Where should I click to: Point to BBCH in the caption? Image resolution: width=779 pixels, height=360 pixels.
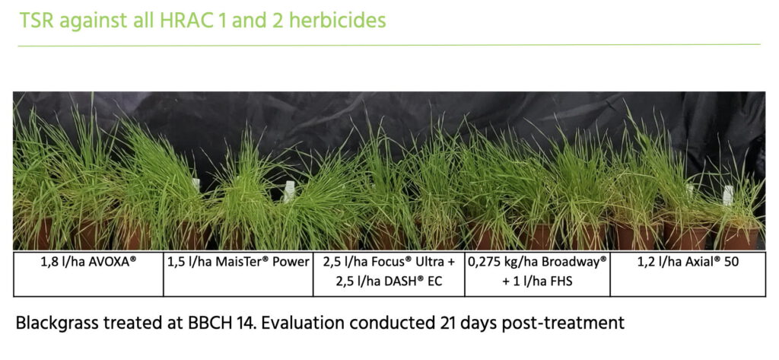211,323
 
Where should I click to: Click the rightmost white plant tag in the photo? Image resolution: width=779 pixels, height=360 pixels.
728,196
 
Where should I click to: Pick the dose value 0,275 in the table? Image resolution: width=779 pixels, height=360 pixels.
485,263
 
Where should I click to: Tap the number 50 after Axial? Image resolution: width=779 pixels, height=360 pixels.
732,263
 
